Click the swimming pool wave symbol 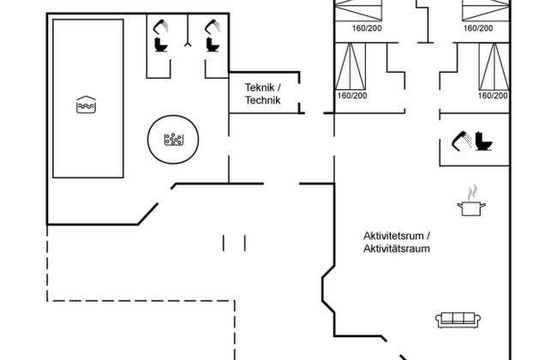click(85, 105)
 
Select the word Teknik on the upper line click(262, 87)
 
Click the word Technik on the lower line click(262, 100)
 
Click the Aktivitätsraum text click(396, 249)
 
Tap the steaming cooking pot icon click(469, 201)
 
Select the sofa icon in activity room click(456, 319)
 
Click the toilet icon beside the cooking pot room click(485, 140)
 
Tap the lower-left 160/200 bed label click(351, 95)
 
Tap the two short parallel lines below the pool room click(235, 243)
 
